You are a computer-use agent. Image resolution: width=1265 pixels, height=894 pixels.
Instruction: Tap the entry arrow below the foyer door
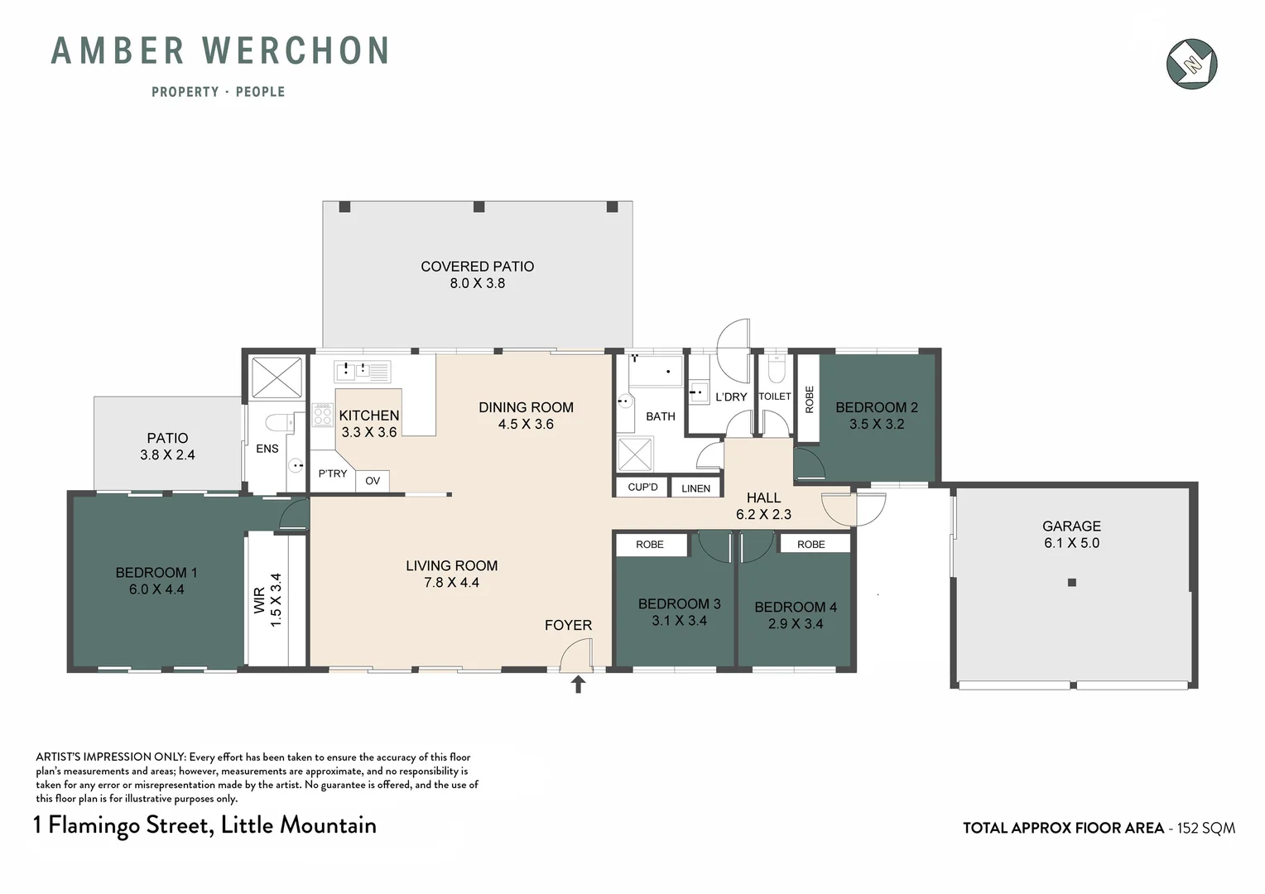pos(577,685)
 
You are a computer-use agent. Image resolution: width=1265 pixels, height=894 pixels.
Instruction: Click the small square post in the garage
pos(1072,582)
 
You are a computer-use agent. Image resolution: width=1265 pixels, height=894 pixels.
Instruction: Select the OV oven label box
pos(373,481)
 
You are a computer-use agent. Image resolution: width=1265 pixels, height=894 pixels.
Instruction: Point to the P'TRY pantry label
pos(332,473)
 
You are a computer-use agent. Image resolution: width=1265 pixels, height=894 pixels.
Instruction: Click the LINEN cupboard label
pos(695,488)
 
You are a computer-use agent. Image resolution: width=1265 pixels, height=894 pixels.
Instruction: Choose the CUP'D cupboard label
pos(642,487)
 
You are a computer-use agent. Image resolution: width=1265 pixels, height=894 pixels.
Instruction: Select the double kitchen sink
pos(362,371)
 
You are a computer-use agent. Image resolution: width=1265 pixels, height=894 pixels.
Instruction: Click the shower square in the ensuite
pos(277,377)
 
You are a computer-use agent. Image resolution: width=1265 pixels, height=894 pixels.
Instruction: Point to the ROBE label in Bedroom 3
pos(649,545)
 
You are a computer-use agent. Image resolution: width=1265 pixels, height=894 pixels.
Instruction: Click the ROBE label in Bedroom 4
pos(811,545)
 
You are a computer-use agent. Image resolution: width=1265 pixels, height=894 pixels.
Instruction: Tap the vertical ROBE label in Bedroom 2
pos(810,399)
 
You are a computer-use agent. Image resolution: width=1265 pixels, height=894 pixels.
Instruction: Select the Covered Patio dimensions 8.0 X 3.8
pos(477,283)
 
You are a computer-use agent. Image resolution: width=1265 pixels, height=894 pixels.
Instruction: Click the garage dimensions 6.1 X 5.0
pos(1071,543)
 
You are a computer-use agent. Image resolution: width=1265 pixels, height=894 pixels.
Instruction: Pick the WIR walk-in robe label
pos(259,600)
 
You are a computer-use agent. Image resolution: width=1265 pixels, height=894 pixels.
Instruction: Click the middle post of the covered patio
pos(479,207)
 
